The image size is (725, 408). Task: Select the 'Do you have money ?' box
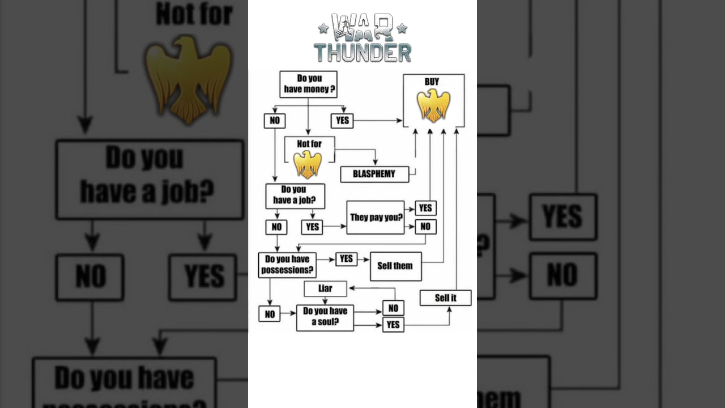point(308,84)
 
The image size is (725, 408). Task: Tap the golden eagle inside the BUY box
point(433,106)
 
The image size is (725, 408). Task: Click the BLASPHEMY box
point(374,174)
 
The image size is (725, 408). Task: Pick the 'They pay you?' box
point(376,217)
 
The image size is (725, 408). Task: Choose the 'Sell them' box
point(395,266)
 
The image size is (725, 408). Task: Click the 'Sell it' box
point(445,298)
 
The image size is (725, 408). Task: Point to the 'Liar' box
point(325,288)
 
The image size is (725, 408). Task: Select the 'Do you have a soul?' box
point(325,317)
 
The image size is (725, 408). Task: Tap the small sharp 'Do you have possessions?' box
point(287,265)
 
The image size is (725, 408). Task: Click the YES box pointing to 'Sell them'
point(346,259)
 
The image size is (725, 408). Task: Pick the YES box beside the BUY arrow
point(342,121)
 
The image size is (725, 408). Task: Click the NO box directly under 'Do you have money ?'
point(275,121)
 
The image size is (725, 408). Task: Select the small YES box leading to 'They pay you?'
point(312,227)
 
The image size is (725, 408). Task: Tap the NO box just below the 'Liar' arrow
point(393,308)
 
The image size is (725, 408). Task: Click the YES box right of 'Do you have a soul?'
point(393,325)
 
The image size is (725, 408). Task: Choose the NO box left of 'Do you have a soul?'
point(270,314)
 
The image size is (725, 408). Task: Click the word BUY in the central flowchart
point(432,82)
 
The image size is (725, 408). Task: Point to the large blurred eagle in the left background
point(189,79)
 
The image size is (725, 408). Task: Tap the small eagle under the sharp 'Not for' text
point(308,164)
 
